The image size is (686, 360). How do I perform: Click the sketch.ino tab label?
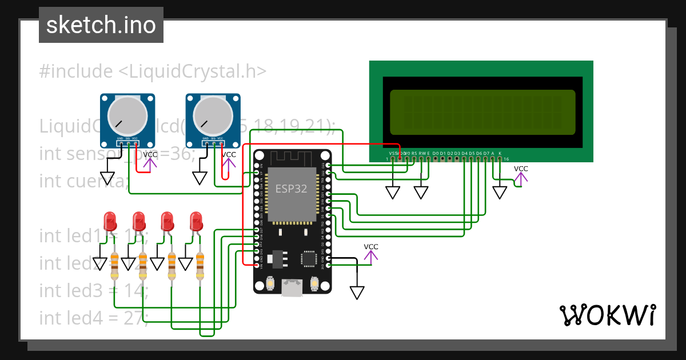point(101,25)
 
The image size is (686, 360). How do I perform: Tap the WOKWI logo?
point(607,315)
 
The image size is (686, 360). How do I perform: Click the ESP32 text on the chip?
point(292,189)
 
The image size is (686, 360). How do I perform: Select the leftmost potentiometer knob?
point(127,116)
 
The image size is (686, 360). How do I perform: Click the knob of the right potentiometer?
point(212,116)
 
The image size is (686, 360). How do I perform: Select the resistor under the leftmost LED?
point(114,266)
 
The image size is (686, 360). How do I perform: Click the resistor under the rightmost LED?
point(200,266)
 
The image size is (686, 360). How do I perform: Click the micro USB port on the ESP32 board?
point(292,288)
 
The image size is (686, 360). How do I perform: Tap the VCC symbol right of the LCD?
point(521,175)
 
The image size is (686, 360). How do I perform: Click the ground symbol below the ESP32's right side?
point(357,293)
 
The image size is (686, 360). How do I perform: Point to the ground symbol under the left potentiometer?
point(107,178)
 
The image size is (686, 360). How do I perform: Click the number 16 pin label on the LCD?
point(506,159)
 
